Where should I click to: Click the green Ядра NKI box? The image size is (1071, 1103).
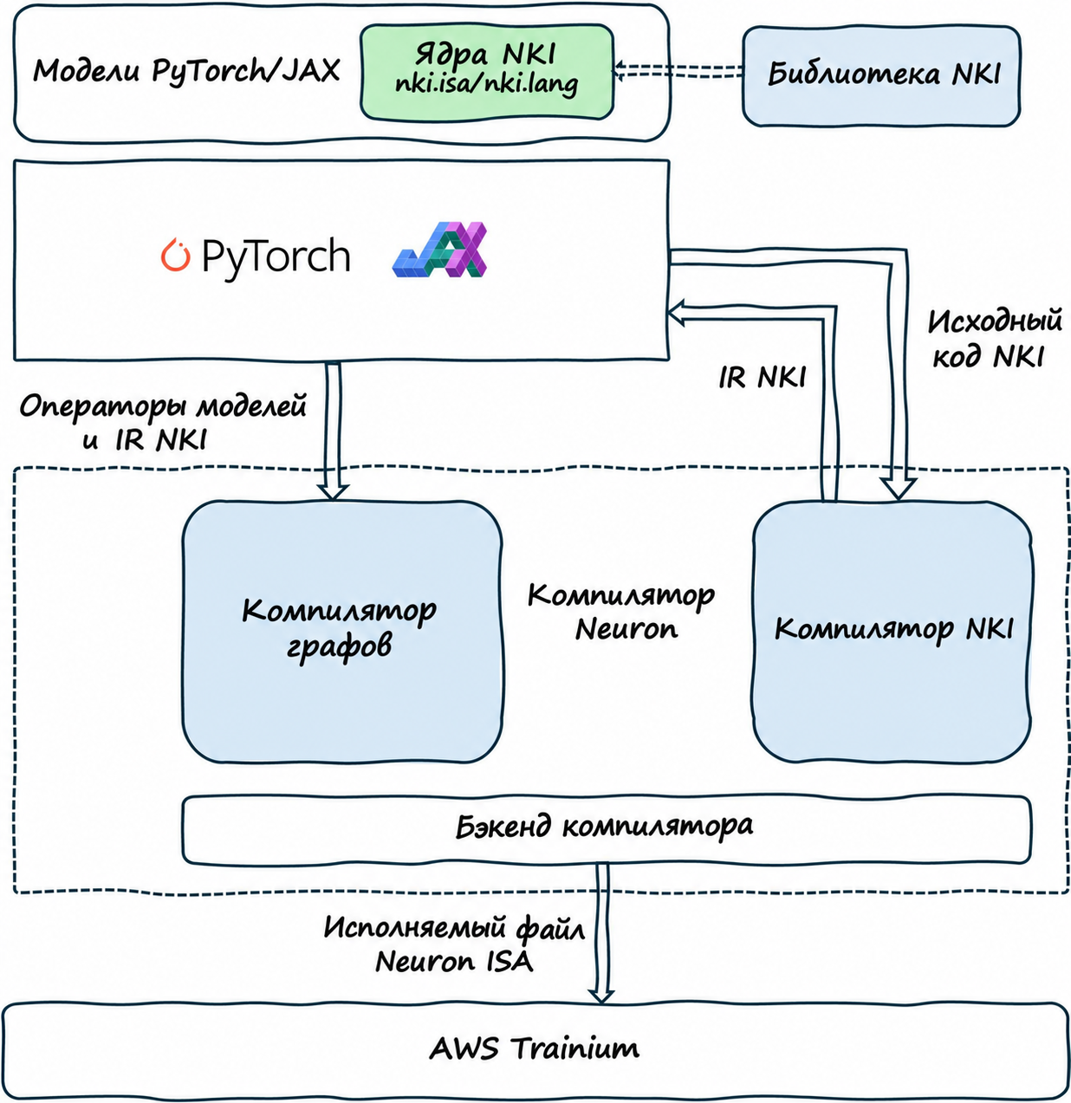click(487, 72)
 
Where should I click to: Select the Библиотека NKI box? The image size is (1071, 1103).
click(881, 76)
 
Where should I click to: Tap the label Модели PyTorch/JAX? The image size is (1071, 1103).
click(186, 71)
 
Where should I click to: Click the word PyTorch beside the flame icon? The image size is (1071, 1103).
click(276, 258)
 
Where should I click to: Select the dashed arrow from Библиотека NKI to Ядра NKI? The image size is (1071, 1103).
click(678, 71)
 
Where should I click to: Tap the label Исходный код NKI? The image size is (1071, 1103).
click(993, 338)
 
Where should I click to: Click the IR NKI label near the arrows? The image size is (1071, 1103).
click(763, 377)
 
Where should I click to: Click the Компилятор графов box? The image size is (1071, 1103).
click(342, 632)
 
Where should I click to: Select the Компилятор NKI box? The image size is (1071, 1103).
click(892, 631)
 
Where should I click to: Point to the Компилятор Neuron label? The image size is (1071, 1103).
click(621, 612)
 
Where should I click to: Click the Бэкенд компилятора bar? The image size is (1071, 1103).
click(606, 829)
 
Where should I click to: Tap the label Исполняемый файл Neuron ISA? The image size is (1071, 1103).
click(454, 944)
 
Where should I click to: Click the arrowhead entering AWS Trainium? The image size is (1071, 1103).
click(601, 996)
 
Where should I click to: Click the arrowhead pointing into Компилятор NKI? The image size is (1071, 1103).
click(898, 490)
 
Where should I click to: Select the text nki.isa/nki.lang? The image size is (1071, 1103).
click(486, 85)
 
